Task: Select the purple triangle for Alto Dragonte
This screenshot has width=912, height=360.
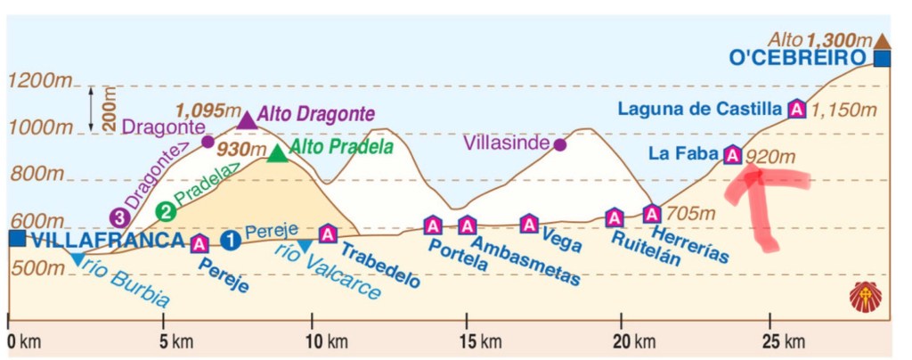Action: [247, 119]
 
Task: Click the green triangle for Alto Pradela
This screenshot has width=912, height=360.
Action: [278, 153]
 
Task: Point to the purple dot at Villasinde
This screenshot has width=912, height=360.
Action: [559, 144]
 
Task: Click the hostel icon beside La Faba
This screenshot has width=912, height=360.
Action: [732, 156]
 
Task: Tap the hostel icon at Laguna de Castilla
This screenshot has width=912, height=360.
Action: [796, 110]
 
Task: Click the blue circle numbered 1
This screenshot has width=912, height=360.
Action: [231, 240]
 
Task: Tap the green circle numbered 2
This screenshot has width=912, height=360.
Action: [165, 211]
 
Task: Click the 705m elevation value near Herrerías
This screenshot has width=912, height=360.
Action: [687, 214]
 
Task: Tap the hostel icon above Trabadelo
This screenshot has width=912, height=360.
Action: [327, 233]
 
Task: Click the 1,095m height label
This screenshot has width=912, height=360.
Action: [205, 110]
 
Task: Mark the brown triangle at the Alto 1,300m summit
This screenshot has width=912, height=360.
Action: [882, 40]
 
